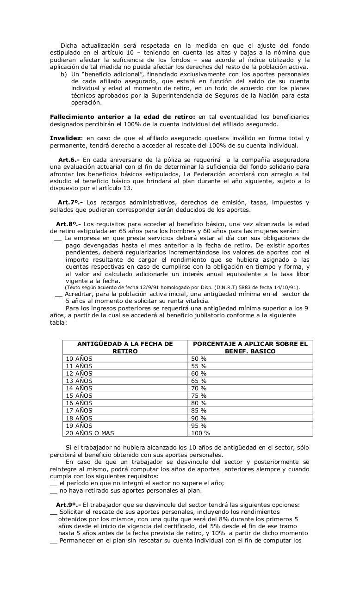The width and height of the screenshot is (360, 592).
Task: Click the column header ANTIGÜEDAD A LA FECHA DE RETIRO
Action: click(x=125, y=347)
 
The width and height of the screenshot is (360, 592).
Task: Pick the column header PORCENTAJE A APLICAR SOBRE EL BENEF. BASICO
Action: click(x=250, y=347)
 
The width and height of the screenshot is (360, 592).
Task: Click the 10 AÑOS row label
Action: click(x=79, y=358)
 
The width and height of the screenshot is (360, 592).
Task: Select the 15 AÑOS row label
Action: click(x=79, y=396)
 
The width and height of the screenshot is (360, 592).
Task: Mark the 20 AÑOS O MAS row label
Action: click(x=90, y=433)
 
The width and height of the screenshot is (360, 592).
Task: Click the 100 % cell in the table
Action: click(x=200, y=433)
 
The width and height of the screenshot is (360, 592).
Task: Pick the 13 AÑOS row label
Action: click(x=79, y=381)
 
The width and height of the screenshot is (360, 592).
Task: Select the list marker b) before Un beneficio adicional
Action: click(x=63, y=74)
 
